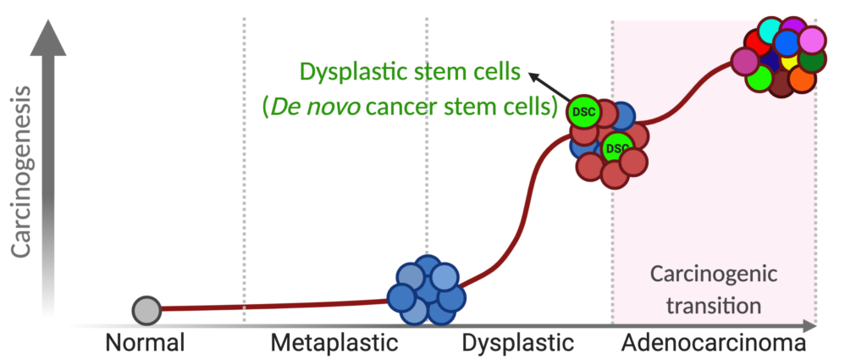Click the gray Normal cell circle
coord(146,310)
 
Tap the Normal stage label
coord(146,344)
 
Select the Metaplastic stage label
coord(334,344)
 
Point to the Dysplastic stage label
coord(518,344)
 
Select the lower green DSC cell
coord(617,148)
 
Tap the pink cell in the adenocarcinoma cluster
coord(811,41)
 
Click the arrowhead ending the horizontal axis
coord(810,325)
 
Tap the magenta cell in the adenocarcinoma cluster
coord(745,61)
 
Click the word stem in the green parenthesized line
coord(482,108)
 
